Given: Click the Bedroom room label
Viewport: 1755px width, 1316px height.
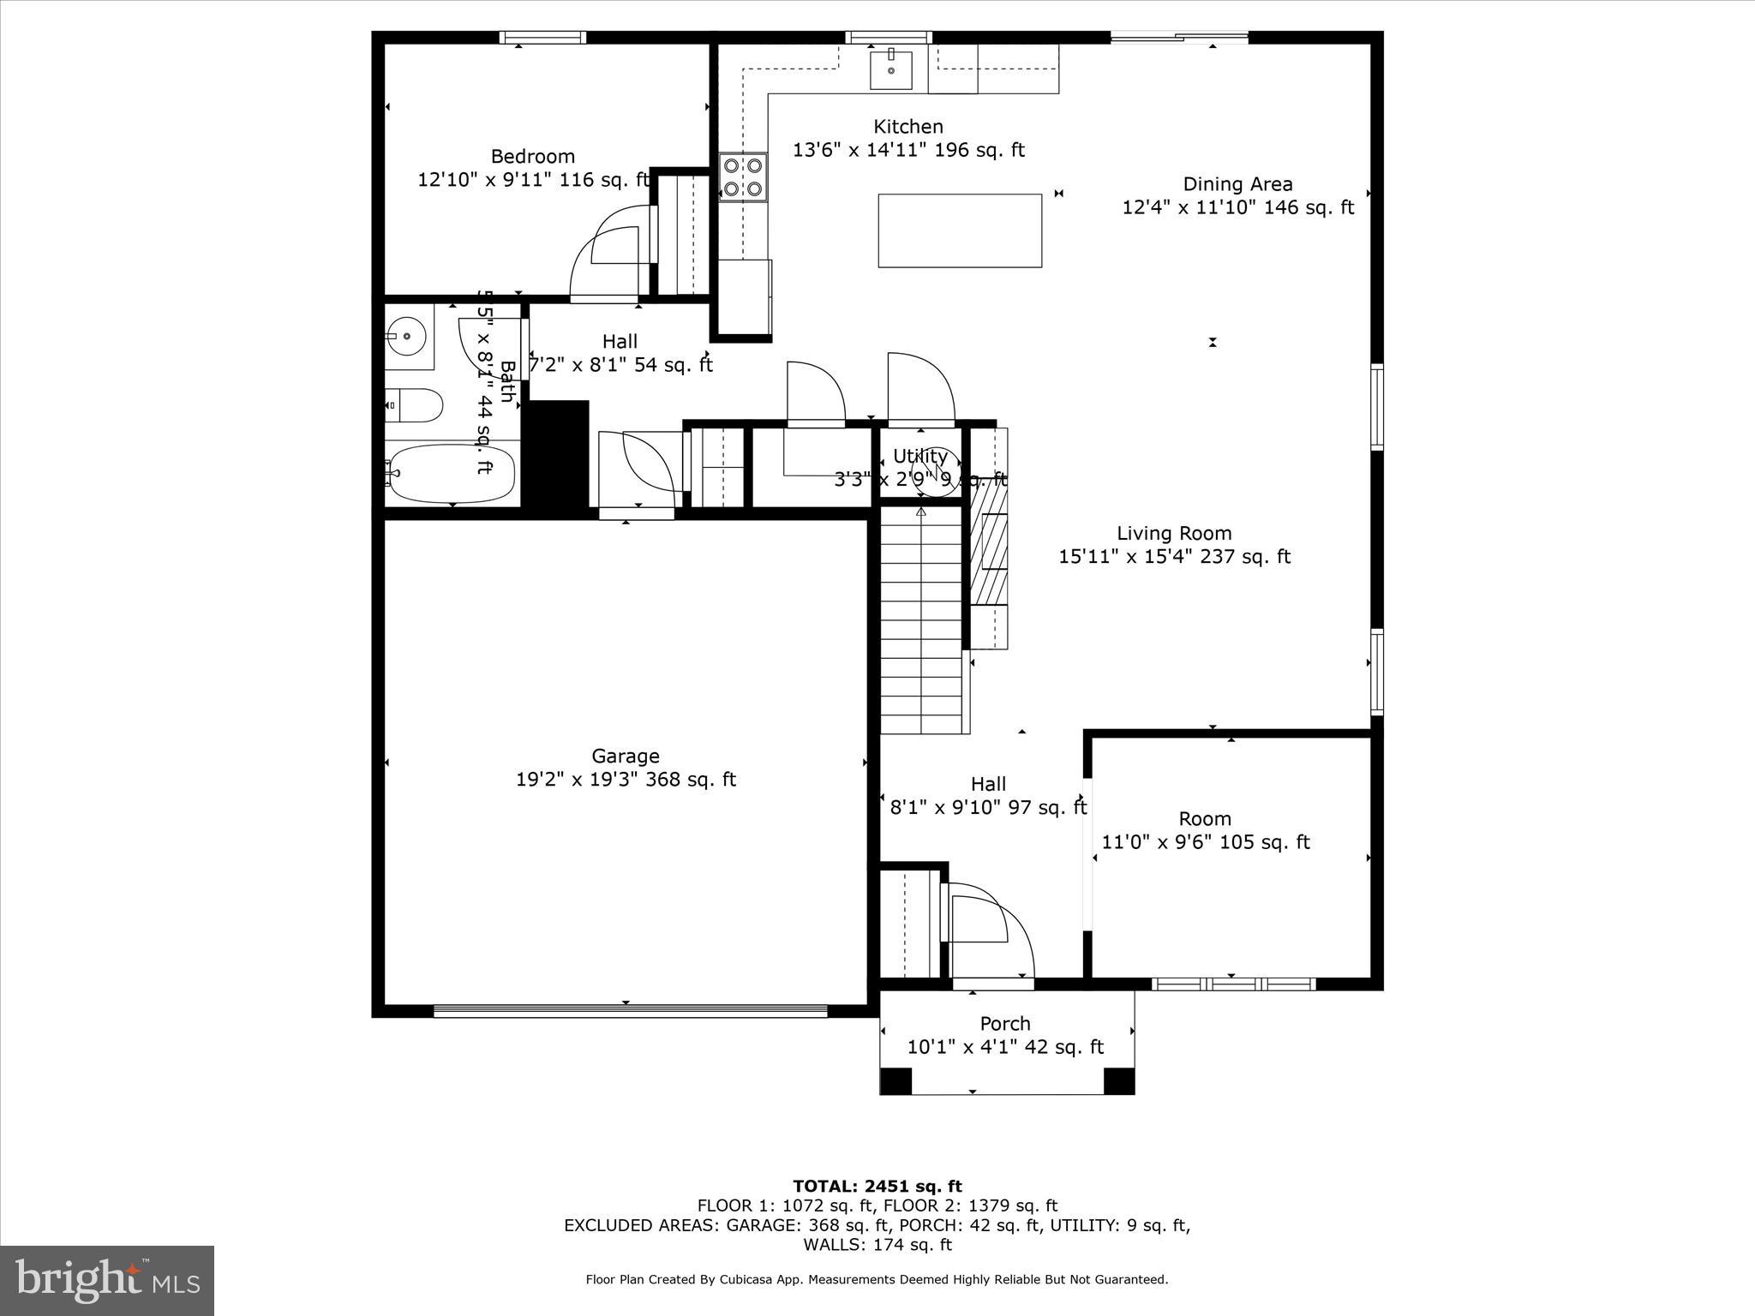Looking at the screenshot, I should pos(532,157).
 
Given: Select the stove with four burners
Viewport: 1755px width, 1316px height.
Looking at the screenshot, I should pos(742,176).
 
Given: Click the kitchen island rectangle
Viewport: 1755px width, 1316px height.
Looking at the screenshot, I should pos(960,230).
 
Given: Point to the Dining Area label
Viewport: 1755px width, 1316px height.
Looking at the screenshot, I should pos(1237,184).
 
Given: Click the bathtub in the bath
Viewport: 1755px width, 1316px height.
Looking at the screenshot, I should pos(452,474).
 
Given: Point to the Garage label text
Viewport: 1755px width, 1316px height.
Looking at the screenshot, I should pos(626,757).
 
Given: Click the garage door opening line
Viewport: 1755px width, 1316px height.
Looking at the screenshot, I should pos(630,1011).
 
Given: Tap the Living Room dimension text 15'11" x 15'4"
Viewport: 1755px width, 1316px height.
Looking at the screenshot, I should pos(1174,557).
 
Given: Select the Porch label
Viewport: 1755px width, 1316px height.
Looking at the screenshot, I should pos(1005,1024).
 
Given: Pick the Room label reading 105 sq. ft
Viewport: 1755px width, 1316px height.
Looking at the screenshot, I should pos(1205,842).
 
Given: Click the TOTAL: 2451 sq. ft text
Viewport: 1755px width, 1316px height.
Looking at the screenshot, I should pos(877,1187).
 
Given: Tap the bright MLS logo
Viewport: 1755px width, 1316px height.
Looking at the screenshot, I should pos(107,1281).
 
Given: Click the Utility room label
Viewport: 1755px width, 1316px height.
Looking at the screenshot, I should pos(919,456).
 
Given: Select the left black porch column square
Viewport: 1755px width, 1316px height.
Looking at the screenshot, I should pos(896,1080).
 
